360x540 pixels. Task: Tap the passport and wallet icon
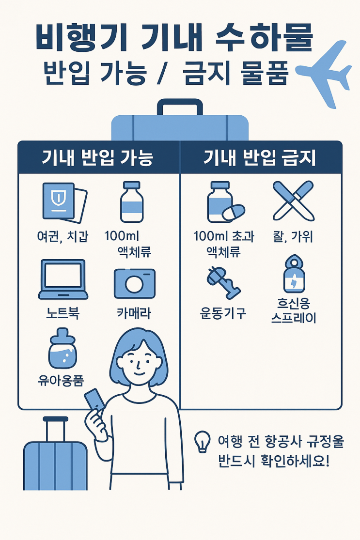coord(64,202)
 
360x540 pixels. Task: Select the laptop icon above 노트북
coord(63,279)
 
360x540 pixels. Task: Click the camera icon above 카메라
coord(135,283)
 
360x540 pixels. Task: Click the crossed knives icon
coord(294,201)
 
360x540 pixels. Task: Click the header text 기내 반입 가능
coord(97,158)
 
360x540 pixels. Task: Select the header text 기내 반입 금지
coord(259,158)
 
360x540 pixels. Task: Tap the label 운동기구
coord(223,313)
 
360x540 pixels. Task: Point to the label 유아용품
coord(61,381)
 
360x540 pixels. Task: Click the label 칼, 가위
coord(293,237)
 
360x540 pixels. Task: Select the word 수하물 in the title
coord(265,37)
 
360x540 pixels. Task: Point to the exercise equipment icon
coord(223,282)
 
